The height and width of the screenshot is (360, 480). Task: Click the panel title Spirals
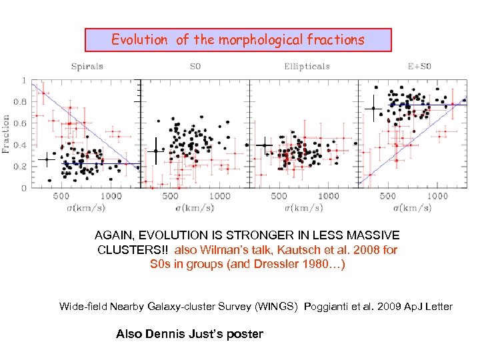click(87, 66)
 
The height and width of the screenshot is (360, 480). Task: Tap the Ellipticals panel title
click(307, 66)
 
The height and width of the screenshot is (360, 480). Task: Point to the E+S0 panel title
click(419, 66)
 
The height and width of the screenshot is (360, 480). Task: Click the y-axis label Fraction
click(7, 134)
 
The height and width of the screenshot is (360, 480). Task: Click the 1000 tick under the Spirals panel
click(111, 196)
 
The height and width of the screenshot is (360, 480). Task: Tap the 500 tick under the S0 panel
click(170, 196)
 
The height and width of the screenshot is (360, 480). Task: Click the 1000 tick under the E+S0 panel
click(437, 196)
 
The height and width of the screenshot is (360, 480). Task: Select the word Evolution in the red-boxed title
click(139, 40)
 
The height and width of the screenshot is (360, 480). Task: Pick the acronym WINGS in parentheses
click(283, 307)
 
